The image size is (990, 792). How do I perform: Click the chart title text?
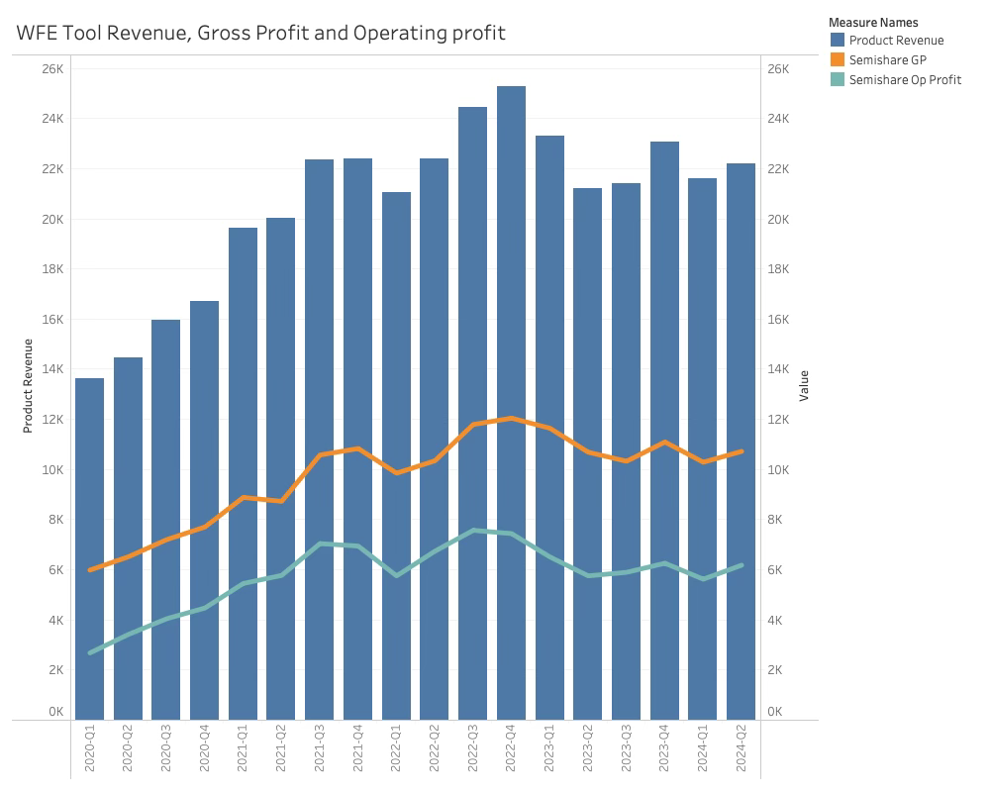click(x=260, y=33)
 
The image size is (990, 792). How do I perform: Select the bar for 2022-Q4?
click(x=511, y=297)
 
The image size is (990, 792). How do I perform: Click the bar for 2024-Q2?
click(x=741, y=346)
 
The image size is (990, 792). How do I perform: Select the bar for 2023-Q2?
click(x=587, y=346)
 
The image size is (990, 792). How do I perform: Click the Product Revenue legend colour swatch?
click(x=838, y=41)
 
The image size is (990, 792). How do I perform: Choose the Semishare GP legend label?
click(x=887, y=60)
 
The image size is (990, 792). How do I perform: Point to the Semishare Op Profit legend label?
click(x=905, y=80)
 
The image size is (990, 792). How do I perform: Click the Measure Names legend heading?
click(x=873, y=22)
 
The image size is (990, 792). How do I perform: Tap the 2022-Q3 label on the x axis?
click(x=473, y=751)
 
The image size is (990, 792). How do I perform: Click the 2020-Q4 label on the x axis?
click(x=205, y=751)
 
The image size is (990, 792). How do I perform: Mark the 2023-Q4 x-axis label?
click(x=664, y=751)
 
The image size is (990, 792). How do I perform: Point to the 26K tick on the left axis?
click(x=51, y=68)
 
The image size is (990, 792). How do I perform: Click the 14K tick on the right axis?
click(x=778, y=369)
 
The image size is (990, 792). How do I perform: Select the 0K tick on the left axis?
click(x=55, y=712)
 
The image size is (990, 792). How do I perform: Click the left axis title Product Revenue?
click(x=28, y=386)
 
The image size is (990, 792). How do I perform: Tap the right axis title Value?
click(x=804, y=385)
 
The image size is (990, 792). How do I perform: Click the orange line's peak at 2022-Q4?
click(x=511, y=418)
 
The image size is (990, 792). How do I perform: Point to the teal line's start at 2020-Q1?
click(x=90, y=653)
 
